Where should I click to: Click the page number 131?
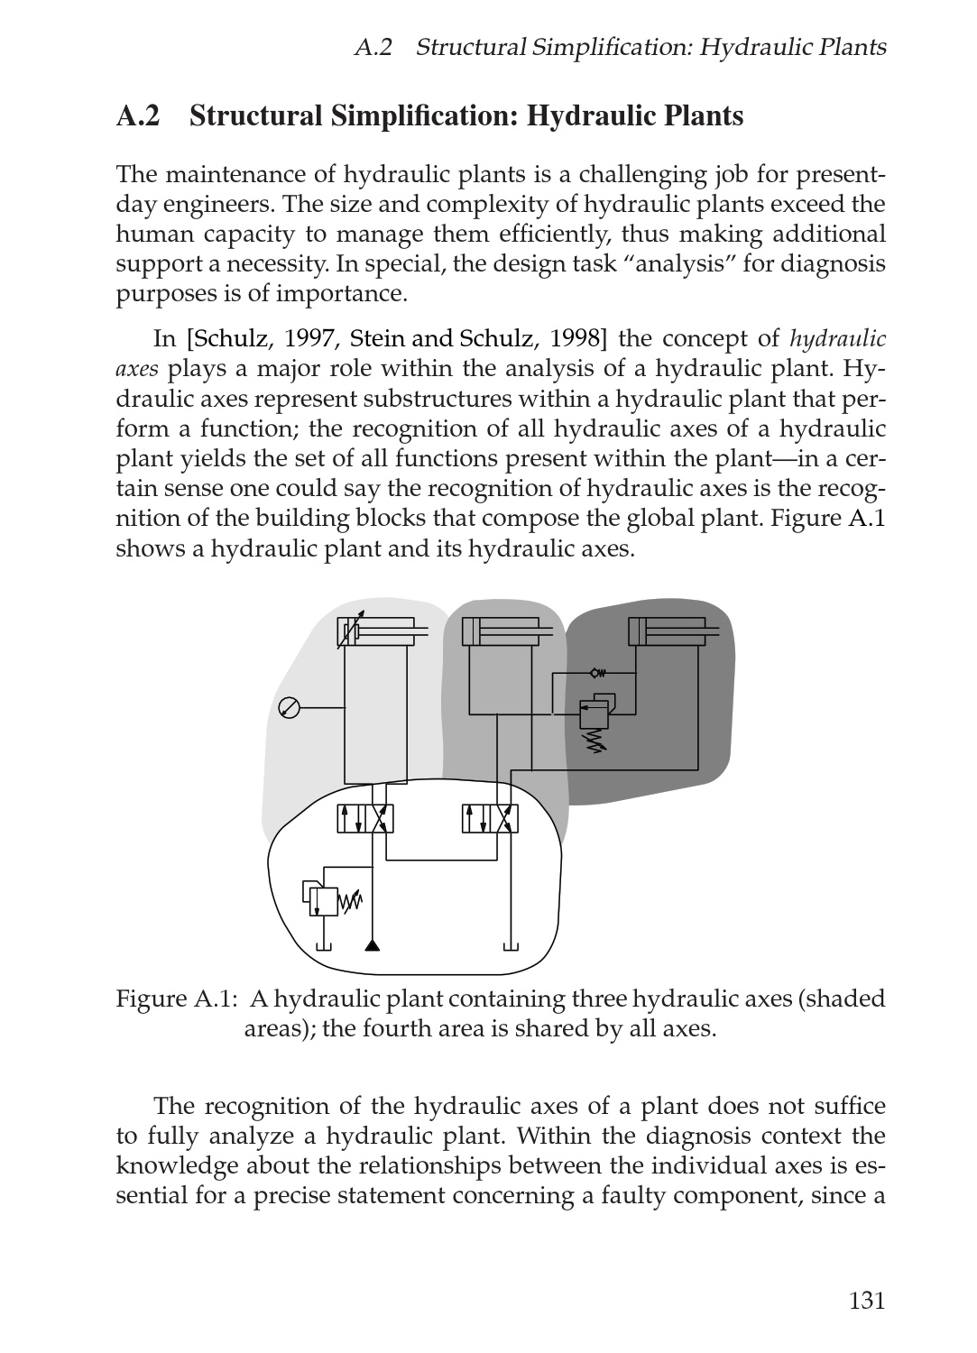click(866, 1300)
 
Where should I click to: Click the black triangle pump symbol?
click(372, 944)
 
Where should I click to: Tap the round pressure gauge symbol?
click(289, 708)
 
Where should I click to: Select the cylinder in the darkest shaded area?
click(672, 631)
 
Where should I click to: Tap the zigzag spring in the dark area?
click(594, 739)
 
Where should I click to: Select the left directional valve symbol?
click(365, 818)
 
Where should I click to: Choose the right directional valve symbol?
click(490, 818)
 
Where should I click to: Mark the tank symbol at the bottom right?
click(511, 945)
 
